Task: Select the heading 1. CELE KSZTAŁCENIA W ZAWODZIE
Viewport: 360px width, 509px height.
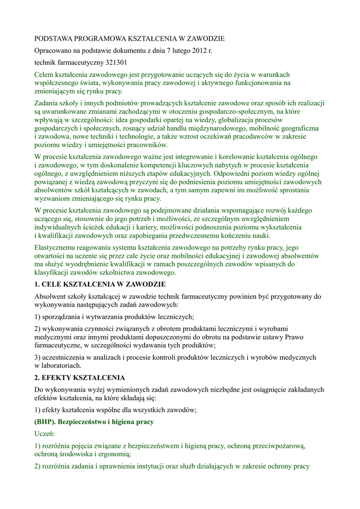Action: point(99,284)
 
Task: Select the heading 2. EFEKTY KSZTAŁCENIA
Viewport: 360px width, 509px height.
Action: point(80,378)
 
